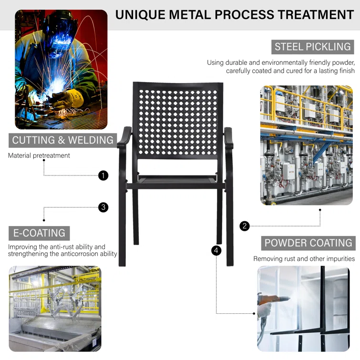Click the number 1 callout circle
point(103,175)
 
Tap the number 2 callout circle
point(245,226)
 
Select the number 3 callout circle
point(103,207)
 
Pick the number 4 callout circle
point(216,250)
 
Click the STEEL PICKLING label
point(312,47)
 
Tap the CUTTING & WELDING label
point(62,140)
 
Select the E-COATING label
point(39,233)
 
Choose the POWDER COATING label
point(309,243)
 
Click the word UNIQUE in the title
point(140,15)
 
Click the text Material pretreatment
point(39,155)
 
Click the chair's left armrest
point(124,138)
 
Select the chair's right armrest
point(228,138)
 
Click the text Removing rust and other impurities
point(304,259)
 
